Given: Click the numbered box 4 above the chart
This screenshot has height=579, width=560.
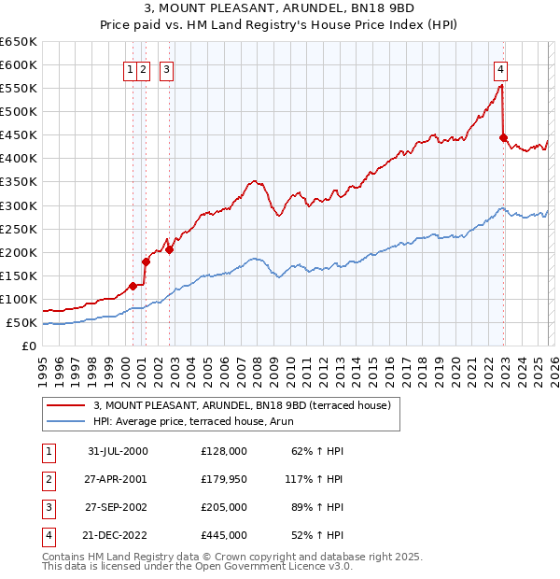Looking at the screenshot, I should coord(501,68).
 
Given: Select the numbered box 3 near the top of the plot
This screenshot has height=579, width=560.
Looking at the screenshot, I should coord(166,68).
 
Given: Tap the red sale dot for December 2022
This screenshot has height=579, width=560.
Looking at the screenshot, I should coord(503,137).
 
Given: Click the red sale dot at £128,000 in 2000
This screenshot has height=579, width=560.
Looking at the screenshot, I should coord(133,286).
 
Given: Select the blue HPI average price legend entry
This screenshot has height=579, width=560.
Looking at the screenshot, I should coord(192,421).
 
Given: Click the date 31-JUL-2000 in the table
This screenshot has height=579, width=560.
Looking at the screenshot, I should coord(117,451).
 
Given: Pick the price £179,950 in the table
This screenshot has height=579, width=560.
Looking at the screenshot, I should coord(224,479).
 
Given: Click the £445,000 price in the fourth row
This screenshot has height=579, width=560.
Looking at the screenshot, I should coord(224,535).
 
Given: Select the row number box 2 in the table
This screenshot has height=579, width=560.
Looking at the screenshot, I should coord(47,479).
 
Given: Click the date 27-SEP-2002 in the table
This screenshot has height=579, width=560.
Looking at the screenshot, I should coord(117,507).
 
